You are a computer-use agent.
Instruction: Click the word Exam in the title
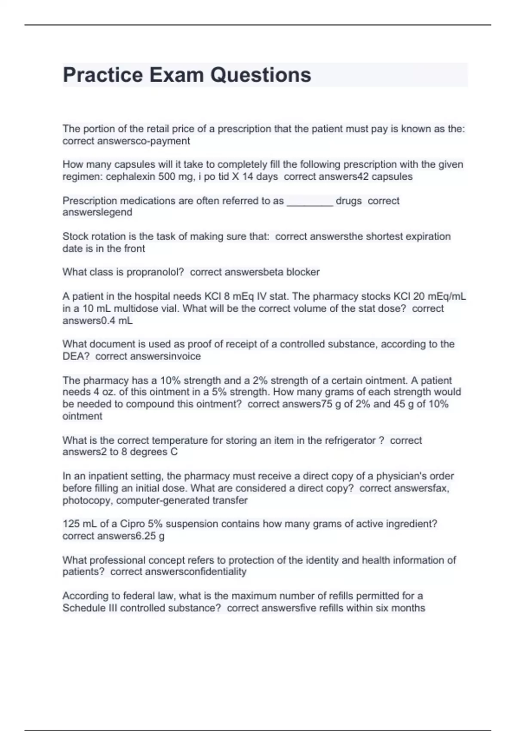click(x=174, y=75)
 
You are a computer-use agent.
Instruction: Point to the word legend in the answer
click(x=117, y=212)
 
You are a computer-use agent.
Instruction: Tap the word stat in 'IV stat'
click(x=279, y=297)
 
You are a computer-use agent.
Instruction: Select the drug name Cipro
click(x=132, y=524)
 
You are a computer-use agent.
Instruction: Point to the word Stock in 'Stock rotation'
click(x=76, y=236)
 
